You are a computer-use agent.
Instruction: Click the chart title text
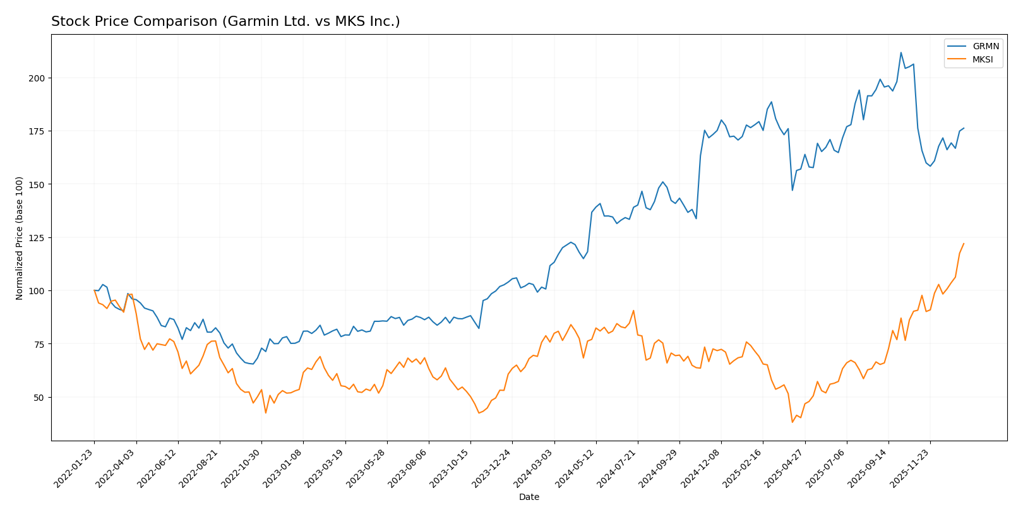coord(225,22)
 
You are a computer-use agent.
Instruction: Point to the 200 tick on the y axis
coord(39,78)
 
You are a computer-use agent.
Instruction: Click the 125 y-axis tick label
coord(39,238)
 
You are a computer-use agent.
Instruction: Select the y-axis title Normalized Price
coord(20,238)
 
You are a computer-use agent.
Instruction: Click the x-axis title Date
coord(529,497)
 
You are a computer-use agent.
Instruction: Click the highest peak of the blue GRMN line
coord(900,52)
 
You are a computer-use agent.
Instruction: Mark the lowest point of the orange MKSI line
coord(792,422)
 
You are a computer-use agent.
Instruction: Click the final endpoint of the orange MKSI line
coord(964,244)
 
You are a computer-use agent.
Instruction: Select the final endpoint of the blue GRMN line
coord(964,128)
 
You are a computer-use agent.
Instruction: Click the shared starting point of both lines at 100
coord(94,290)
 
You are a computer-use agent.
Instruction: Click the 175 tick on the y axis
coord(39,131)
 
